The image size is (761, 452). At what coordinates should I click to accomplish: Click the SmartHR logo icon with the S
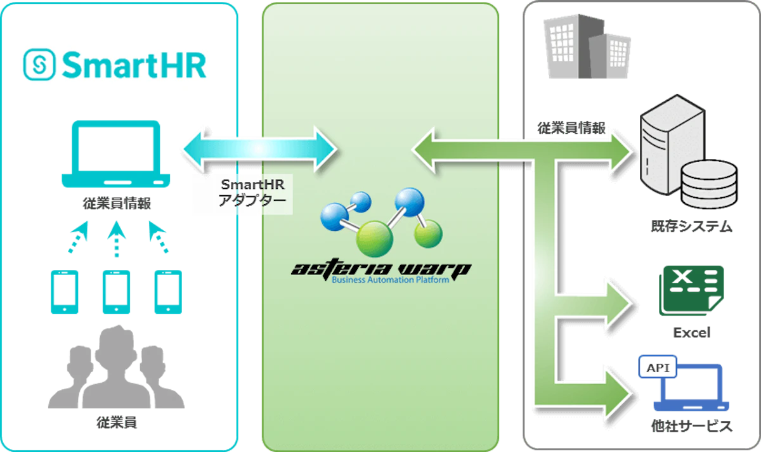(x=39, y=65)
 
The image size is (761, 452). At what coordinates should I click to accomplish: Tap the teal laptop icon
(x=116, y=154)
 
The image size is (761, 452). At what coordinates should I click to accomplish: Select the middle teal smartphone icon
(x=116, y=292)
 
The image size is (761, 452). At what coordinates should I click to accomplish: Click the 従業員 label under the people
(x=117, y=422)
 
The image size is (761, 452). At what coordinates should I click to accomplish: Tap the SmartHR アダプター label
(x=252, y=193)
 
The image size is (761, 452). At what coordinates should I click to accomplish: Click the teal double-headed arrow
(x=260, y=149)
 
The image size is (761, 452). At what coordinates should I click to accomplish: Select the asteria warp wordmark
(x=381, y=269)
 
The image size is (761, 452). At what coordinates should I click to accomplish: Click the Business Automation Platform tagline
(x=391, y=280)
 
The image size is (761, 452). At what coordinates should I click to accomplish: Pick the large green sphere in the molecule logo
(x=374, y=239)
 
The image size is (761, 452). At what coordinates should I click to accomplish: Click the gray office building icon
(x=587, y=46)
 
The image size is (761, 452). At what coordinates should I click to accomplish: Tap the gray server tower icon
(x=672, y=145)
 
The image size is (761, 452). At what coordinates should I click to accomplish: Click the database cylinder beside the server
(x=709, y=184)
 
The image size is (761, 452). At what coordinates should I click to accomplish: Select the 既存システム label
(x=691, y=226)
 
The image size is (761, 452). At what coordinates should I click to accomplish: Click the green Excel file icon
(x=691, y=291)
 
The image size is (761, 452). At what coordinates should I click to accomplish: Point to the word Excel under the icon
(x=692, y=333)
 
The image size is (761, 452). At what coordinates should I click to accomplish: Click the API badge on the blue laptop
(x=658, y=367)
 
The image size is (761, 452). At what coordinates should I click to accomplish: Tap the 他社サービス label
(x=691, y=426)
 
